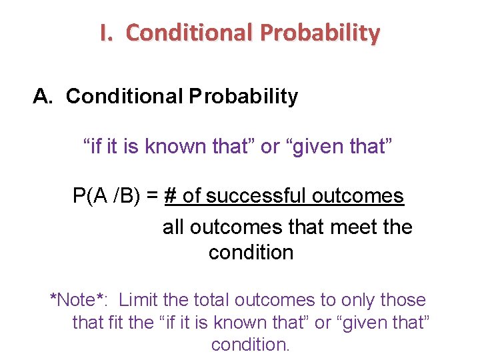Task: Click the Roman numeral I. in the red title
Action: pyautogui.click(x=107, y=33)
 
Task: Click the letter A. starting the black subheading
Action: pyautogui.click(x=43, y=97)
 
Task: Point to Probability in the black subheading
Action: pyautogui.click(x=243, y=97)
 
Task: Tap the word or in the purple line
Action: pyautogui.click(x=270, y=147)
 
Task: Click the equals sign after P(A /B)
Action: pyautogui.click(x=152, y=196)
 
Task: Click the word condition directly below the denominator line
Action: pyautogui.click(x=251, y=253)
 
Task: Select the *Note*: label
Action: pyautogui.click(x=79, y=300)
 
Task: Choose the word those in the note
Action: pyautogui.click(x=403, y=300)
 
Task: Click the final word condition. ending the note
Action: pyautogui.click(x=251, y=345)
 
